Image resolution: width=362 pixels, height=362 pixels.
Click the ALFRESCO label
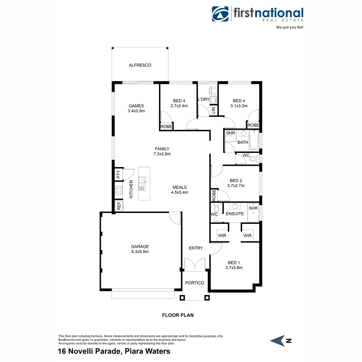(140, 65)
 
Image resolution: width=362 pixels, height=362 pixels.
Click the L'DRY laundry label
(204, 99)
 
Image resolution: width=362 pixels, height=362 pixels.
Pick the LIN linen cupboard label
(214, 110)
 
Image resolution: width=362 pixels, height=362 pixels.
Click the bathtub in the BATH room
(254, 140)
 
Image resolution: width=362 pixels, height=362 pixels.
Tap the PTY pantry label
(119, 174)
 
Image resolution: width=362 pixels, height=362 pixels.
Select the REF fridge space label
(119, 206)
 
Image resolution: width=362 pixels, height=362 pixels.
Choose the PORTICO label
(195, 283)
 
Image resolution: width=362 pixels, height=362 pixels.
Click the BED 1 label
(234, 263)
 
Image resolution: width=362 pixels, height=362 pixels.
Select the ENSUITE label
(235, 214)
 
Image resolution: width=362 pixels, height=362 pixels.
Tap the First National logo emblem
(221, 14)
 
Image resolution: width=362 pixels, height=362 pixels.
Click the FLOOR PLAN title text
(178, 315)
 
